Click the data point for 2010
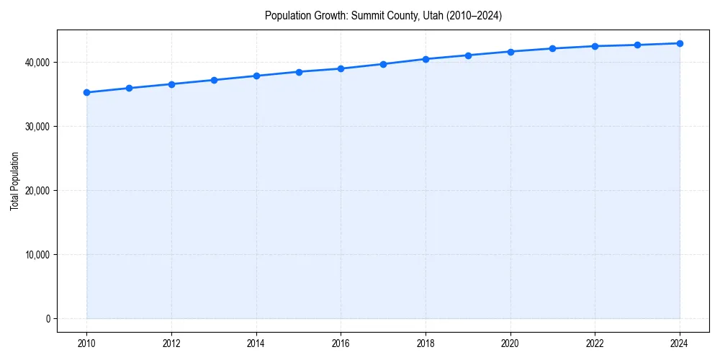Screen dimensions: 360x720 point(86,92)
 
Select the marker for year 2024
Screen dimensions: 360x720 point(680,43)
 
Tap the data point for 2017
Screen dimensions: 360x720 point(383,64)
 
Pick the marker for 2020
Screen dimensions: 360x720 point(510,52)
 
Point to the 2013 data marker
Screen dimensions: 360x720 point(214,80)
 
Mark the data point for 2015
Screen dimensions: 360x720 point(299,72)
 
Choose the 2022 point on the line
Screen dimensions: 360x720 point(595,46)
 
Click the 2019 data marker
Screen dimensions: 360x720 point(468,55)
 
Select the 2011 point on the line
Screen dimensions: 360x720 point(129,88)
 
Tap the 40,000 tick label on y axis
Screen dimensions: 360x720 point(37,63)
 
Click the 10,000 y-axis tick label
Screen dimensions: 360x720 point(37,255)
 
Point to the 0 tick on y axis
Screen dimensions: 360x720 point(48,319)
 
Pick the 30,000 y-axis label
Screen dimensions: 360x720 point(37,127)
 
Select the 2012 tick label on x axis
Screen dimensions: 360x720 point(171,343)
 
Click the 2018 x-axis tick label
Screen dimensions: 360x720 point(426,343)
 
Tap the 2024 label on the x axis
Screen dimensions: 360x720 point(680,343)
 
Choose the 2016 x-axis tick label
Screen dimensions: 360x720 point(341,343)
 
